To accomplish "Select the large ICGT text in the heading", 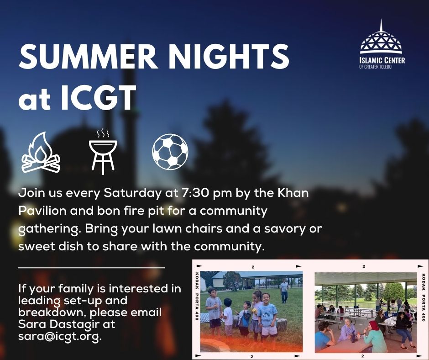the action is [98, 97].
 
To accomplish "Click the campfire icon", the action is [41, 153].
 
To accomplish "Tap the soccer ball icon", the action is [170, 152].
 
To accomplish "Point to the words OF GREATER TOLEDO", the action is [375, 67].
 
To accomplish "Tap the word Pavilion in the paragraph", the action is [42, 211].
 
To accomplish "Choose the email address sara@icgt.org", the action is [60, 336].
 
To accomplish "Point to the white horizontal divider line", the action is [92, 267].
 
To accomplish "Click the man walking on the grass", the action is [284, 291].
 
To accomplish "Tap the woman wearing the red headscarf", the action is [373, 336].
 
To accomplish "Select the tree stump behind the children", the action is [282, 324].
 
